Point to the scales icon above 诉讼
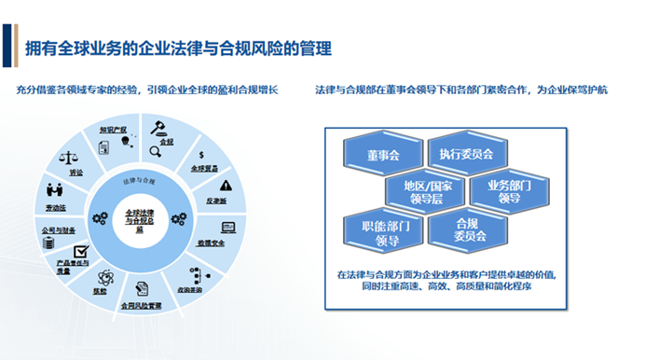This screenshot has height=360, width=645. pyautogui.click(x=70, y=161)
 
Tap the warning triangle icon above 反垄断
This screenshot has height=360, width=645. pyautogui.click(x=225, y=186)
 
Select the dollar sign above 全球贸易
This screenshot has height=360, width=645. pyautogui.click(x=202, y=155)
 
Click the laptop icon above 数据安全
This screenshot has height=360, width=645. pyautogui.click(x=227, y=227)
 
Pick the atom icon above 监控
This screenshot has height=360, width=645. pyautogui.click(x=105, y=277)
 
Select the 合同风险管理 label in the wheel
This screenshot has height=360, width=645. pyautogui.click(x=140, y=304)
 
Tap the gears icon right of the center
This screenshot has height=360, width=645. pyautogui.click(x=179, y=217)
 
